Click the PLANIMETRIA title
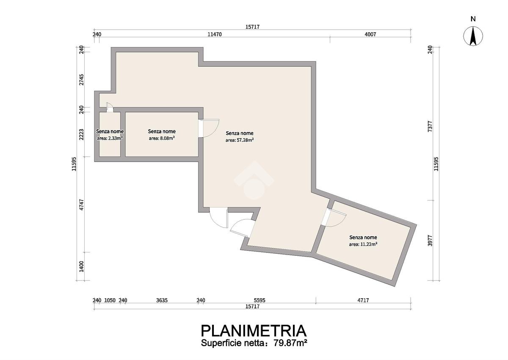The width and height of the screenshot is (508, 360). tap(254, 331)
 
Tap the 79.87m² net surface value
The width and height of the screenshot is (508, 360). tap(290, 343)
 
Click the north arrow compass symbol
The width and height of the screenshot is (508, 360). tap(473, 36)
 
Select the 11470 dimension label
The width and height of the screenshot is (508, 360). tap(215, 34)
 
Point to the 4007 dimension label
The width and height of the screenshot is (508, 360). tap(370, 34)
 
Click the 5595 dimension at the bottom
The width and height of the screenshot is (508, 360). tap(260, 300)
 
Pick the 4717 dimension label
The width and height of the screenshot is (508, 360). tap(363, 300)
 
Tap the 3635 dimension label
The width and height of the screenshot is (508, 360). tap(162, 300)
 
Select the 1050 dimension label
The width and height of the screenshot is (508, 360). tap(110, 300)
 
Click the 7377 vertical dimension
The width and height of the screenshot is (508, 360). tap(430, 127)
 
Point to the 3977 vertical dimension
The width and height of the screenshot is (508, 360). tap(430, 241)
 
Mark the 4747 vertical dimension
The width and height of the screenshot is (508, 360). tap(82, 205)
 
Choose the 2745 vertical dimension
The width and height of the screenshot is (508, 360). tap(82, 80)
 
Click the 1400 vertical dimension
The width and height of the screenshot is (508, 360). tap(82, 266)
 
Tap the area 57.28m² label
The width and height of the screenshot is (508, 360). tap(240, 140)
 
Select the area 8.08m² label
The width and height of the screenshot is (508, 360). tap(162, 138)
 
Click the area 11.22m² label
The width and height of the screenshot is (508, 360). tap(363, 244)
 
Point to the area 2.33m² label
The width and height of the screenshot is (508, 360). tap(110, 138)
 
